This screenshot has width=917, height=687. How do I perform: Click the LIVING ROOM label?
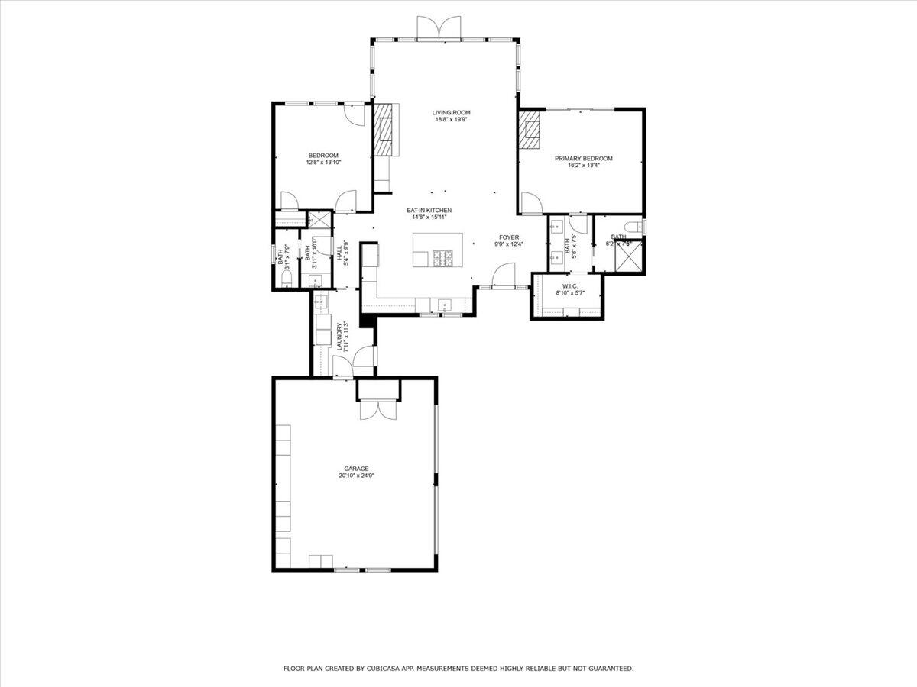(451, 112)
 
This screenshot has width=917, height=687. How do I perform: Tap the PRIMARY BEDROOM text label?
(583, 159)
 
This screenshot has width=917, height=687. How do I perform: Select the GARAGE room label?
(356, 469)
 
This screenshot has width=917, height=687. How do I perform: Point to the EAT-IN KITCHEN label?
(428, 210)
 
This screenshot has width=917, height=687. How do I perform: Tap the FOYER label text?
(509, 237)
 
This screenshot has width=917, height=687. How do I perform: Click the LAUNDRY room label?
(339, 337)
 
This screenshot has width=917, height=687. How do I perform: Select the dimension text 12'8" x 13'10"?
(323, 162)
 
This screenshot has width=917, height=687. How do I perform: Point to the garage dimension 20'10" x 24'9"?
(356, 476)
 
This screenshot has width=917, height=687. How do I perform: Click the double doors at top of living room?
(439, 27)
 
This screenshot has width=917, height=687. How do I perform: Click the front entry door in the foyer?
(504, 275)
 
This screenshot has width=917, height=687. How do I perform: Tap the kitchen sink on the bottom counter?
(444, 306)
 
